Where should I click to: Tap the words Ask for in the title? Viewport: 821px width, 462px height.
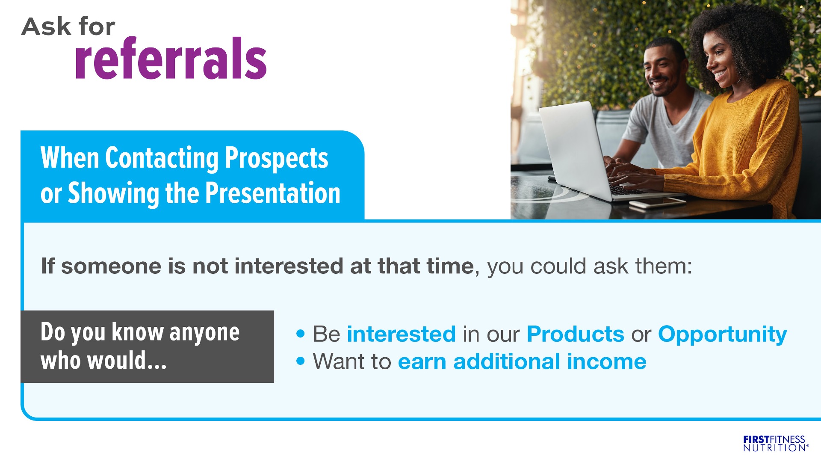click(x=68, y=27)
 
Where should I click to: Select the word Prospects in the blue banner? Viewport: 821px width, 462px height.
click(x=277, y=158)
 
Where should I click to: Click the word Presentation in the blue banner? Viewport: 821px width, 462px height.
click(x=273, y=193)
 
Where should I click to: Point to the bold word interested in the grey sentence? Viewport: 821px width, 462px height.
click(x=289, y=266)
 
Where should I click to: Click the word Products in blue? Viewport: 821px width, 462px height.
click(x=576, y=334)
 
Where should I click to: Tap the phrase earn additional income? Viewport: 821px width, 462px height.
click(x=522, y=362)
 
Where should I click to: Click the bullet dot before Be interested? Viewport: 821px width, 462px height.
click(x=301, y=334)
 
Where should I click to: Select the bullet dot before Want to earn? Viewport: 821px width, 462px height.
click(x=301, y=361)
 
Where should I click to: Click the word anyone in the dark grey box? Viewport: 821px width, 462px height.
click(x=204, y=333)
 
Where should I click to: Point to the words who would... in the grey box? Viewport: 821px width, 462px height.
click(x=103, y=360)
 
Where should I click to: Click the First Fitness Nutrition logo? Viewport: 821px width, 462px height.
click(x=776, y=444)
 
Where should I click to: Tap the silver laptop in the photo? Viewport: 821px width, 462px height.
click(x=586, y=154)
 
